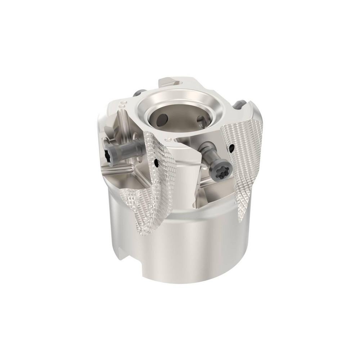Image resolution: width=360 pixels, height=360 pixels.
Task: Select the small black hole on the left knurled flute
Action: [156, 163]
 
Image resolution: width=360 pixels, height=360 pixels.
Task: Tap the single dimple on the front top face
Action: [167, 139]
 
